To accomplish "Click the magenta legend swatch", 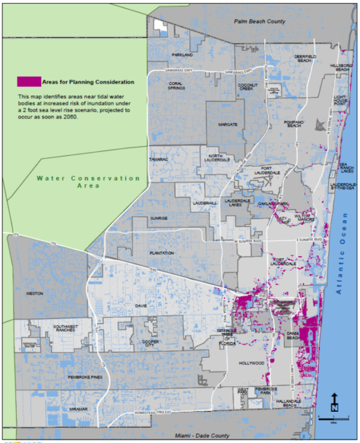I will tap(29, 82).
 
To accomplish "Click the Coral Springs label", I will tap(175, 86).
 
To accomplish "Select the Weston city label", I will tap(35, 294).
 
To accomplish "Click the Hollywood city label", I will tap(251, 363).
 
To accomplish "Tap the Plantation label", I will tap(161, 253).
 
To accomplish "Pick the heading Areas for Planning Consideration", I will tap(88, 82).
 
